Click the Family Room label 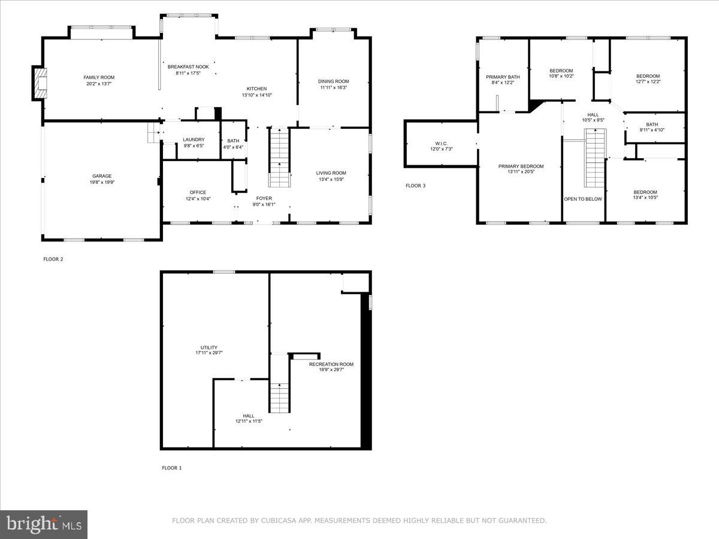[99, 77]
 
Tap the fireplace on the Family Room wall [40, 84]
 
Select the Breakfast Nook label [188, 67]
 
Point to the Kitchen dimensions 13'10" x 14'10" [256, 95]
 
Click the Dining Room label [333, 81]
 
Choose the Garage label [102, 176]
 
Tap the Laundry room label [194, 140]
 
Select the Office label [198, 192]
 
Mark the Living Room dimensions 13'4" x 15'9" [331, 179]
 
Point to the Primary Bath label [503, 77]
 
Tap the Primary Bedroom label [521, 166]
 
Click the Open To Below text [582, 199]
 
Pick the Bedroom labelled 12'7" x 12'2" [648, 76]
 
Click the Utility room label [209, 347]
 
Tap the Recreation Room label [331, 364]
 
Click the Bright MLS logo [44, 525]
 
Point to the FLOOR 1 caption [171, 468]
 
